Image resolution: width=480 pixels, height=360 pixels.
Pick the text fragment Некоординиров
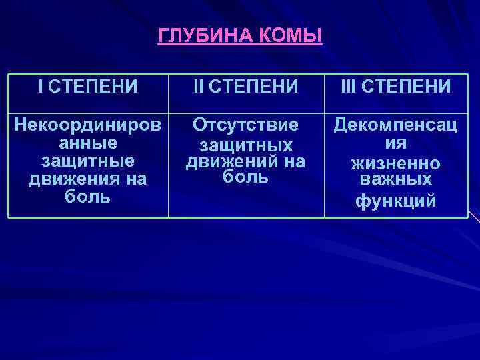pyautogui.click(x=87, y=126)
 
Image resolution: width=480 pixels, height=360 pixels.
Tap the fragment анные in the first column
pyautogui.click(x=87, y=143)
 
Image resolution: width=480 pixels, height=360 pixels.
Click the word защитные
pyautogui.click(x=87, y=161)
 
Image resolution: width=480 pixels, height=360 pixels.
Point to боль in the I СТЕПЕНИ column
pyautogui.click(x=87, y=197)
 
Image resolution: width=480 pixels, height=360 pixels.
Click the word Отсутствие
pyautogui.click(x=246, y=126)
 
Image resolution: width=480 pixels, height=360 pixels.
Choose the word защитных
pyautogui.click(x=246, y=145)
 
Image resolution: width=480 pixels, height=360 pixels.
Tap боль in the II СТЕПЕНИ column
pyautogui.click(x=246, y=177)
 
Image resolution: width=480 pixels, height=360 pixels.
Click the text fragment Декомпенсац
pyautogui.click(x=396, y=126)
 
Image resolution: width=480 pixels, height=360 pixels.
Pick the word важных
pyautogui.click(x=396, y=180)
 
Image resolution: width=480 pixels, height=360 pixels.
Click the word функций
pyautogui.click(x=396, y=200)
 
